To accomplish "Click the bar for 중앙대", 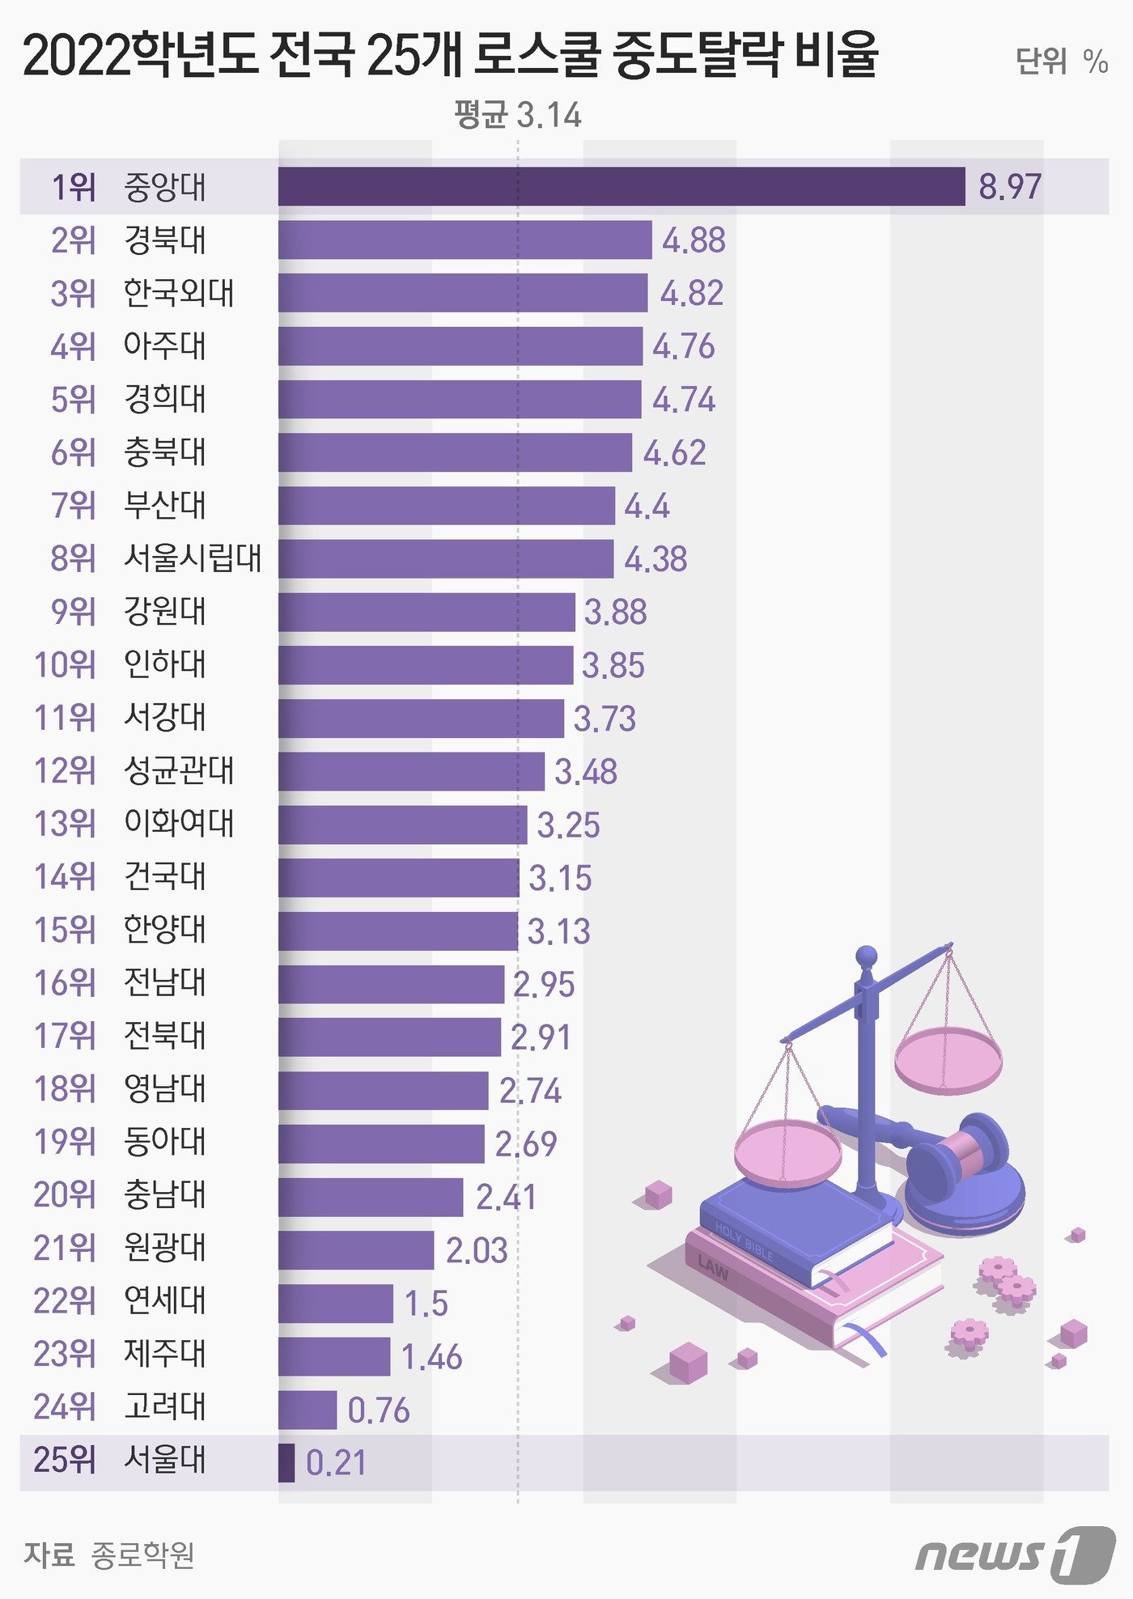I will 622,187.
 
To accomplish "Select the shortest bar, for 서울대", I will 286,1462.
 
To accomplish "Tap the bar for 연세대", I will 336,1303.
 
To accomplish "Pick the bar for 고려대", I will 308,1410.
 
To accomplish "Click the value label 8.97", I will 1010,187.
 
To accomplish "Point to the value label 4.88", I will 694,240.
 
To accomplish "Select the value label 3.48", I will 586,772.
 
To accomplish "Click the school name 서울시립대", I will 193,558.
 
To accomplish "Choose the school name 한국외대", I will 179,293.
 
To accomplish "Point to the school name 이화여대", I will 179,824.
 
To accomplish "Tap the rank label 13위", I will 65,824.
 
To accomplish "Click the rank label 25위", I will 65,1461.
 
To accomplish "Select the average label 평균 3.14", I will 518,115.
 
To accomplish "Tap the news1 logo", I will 1016,1554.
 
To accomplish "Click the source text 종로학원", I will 142,1554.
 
